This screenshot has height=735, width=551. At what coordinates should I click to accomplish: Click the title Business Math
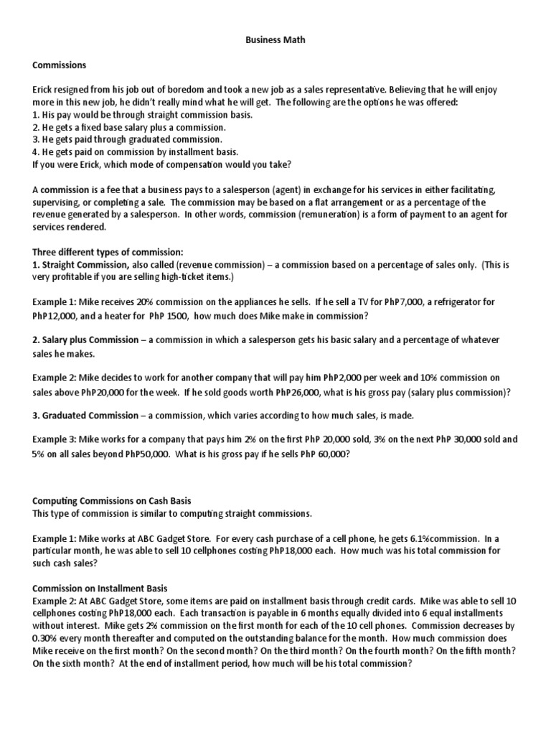275,40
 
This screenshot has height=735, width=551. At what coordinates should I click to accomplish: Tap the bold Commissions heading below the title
60,65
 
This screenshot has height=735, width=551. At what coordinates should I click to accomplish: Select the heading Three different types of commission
108,252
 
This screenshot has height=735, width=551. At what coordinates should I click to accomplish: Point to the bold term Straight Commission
75,265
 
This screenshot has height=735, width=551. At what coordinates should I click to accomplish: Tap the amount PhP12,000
56,315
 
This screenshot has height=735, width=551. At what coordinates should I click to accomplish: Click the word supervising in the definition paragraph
58,202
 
